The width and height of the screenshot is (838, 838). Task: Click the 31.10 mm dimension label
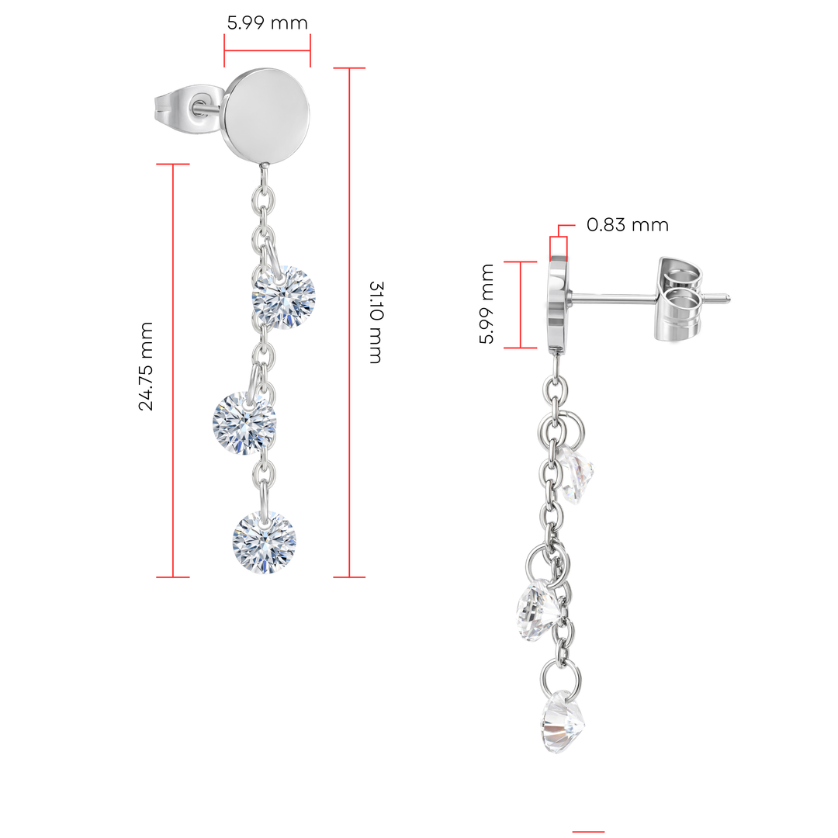tap(375, 322)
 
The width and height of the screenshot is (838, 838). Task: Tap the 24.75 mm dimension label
tap(146, 366)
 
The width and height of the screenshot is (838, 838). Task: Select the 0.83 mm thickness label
tap(627, 225)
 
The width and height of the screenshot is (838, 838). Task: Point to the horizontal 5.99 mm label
tap(268, 23)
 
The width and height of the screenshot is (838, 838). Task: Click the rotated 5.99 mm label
tap(486, 304)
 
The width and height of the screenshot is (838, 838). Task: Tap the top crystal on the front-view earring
tap(284, 297)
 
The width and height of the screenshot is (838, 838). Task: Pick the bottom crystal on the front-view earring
tap(264, 541)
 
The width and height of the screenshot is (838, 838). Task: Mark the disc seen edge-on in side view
tap(558, 303)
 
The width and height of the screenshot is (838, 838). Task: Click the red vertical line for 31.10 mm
tap(350, 322)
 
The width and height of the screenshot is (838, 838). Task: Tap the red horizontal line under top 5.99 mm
tap(268, 51)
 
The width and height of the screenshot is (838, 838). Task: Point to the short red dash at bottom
tap(588, 832)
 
